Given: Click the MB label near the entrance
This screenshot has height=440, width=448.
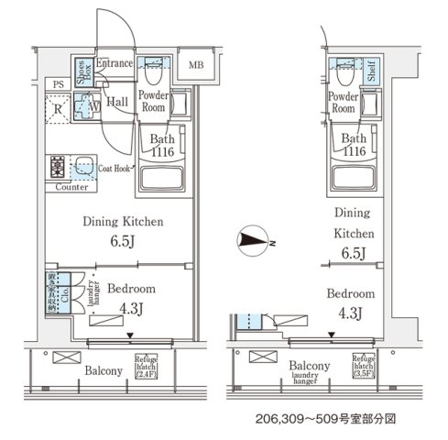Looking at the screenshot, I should [197, 65].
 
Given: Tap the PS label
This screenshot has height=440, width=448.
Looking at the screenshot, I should [59, 85].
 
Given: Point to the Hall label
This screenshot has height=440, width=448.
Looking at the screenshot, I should [116, 103].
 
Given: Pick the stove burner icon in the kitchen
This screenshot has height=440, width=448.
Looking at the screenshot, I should [58, 167].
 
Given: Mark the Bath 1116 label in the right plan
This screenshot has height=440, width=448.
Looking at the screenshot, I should [354, 146].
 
